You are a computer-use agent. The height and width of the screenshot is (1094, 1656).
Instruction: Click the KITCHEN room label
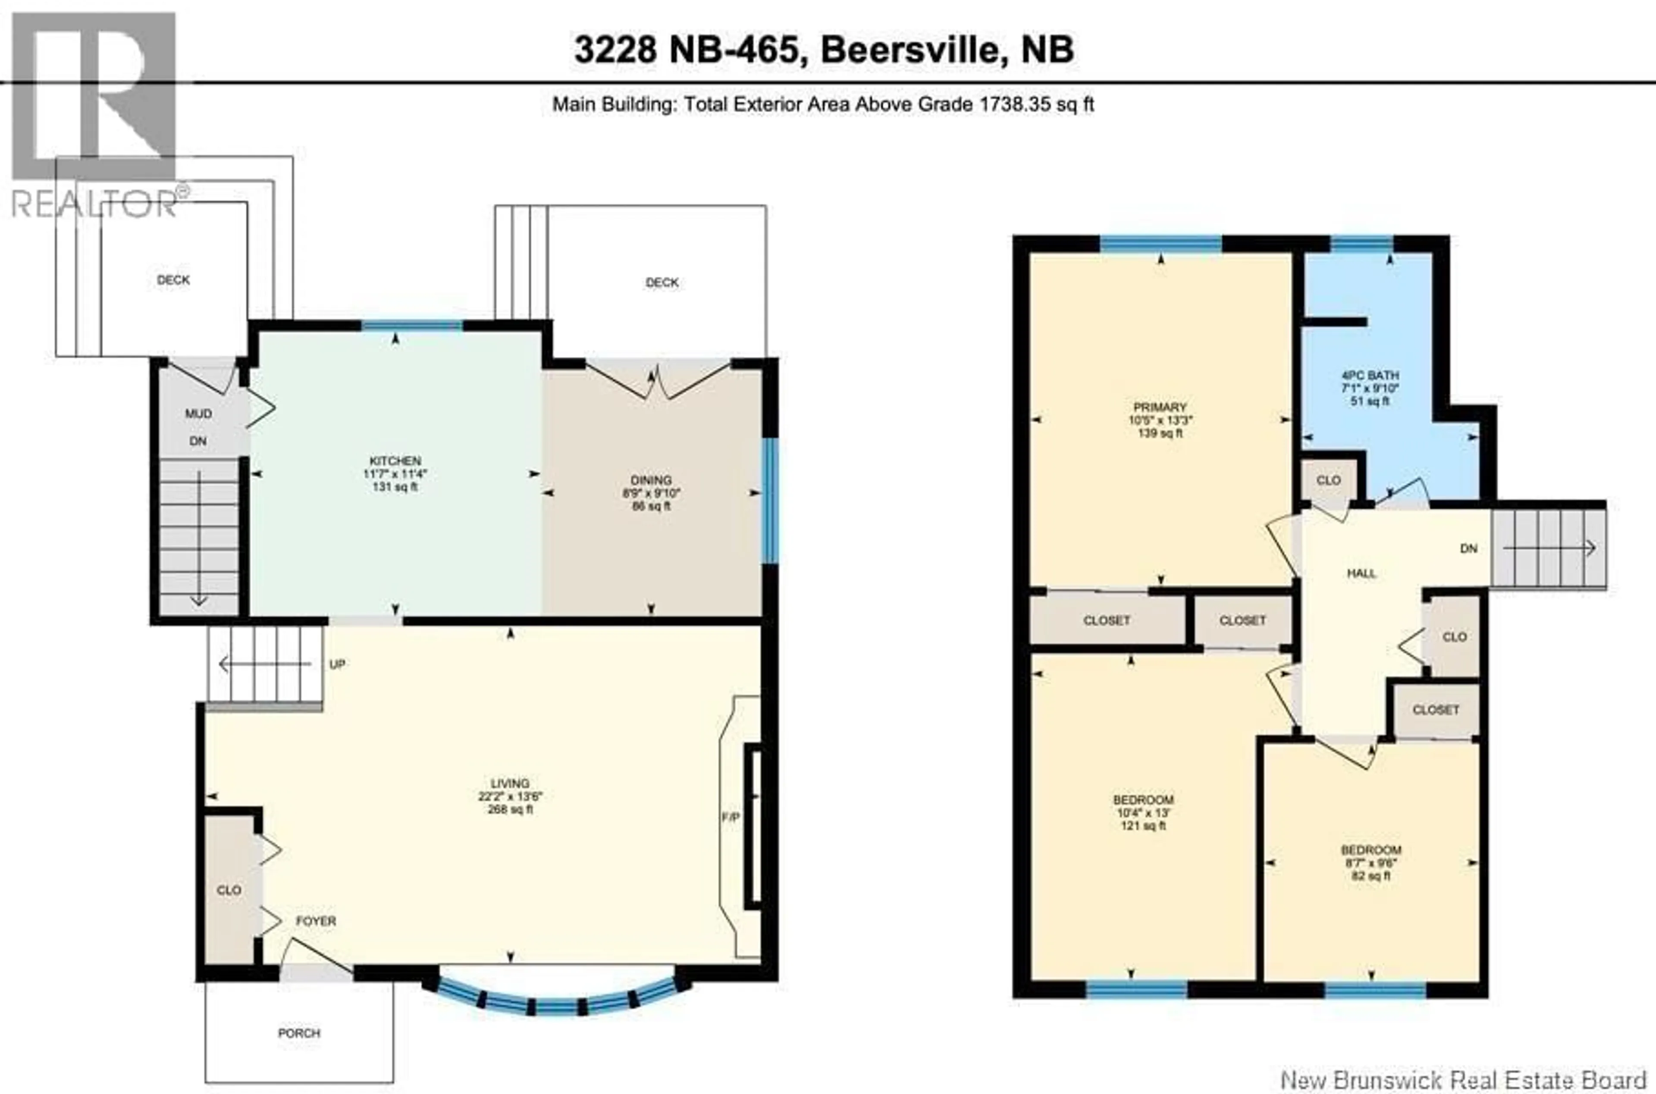coord(395,461)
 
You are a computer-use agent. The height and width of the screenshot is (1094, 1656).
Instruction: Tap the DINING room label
coord(651,480)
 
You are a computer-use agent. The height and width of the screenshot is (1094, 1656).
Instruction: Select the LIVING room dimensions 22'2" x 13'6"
coord(510,796)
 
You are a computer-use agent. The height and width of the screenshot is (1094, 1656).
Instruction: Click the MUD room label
coord(198,414)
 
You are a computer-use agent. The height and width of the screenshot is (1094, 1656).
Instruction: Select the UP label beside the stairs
coord(337,664)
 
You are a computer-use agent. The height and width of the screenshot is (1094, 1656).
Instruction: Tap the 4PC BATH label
coord(1370,375)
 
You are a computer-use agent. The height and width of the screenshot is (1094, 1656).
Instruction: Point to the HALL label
coord(1361,574)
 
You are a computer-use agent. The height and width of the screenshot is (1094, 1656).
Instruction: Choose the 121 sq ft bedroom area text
coord(1143,825)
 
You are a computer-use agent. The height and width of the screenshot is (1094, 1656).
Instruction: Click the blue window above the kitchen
coord(411,325)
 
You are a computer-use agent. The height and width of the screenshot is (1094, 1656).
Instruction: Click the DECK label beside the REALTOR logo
coord(173,280)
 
